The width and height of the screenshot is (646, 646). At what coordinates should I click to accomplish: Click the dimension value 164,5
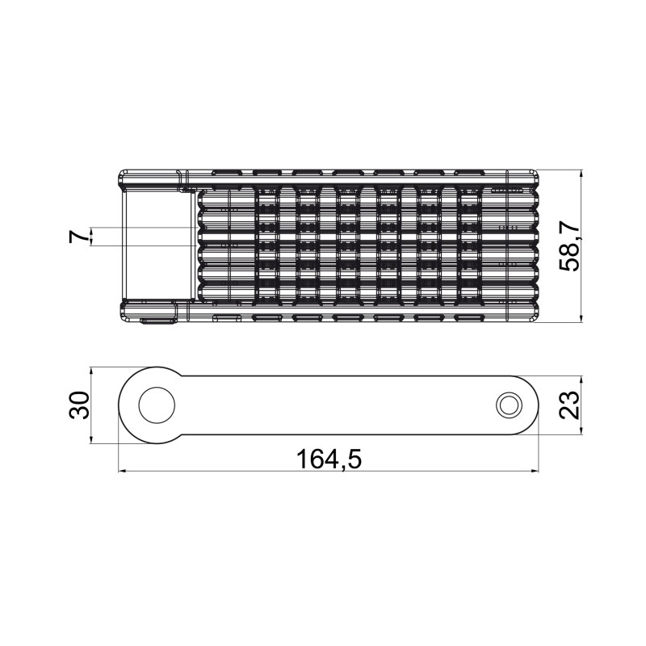point(329,459)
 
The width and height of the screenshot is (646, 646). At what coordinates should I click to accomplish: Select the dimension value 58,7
point(569,245)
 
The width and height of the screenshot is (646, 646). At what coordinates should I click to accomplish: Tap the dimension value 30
point(79,405)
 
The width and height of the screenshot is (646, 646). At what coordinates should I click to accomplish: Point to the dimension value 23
point(569,405)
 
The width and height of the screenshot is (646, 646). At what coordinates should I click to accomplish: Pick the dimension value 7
point(79,237)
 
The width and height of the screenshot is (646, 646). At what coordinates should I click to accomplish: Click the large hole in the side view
point(157,405)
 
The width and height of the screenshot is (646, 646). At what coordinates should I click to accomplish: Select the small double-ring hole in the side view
point(510,405)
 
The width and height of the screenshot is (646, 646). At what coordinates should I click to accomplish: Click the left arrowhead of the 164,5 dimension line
point(122,471)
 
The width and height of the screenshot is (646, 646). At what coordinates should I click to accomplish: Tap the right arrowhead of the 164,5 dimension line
point(535,471)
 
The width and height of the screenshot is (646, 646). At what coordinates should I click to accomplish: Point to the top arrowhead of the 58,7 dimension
point(581,174)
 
